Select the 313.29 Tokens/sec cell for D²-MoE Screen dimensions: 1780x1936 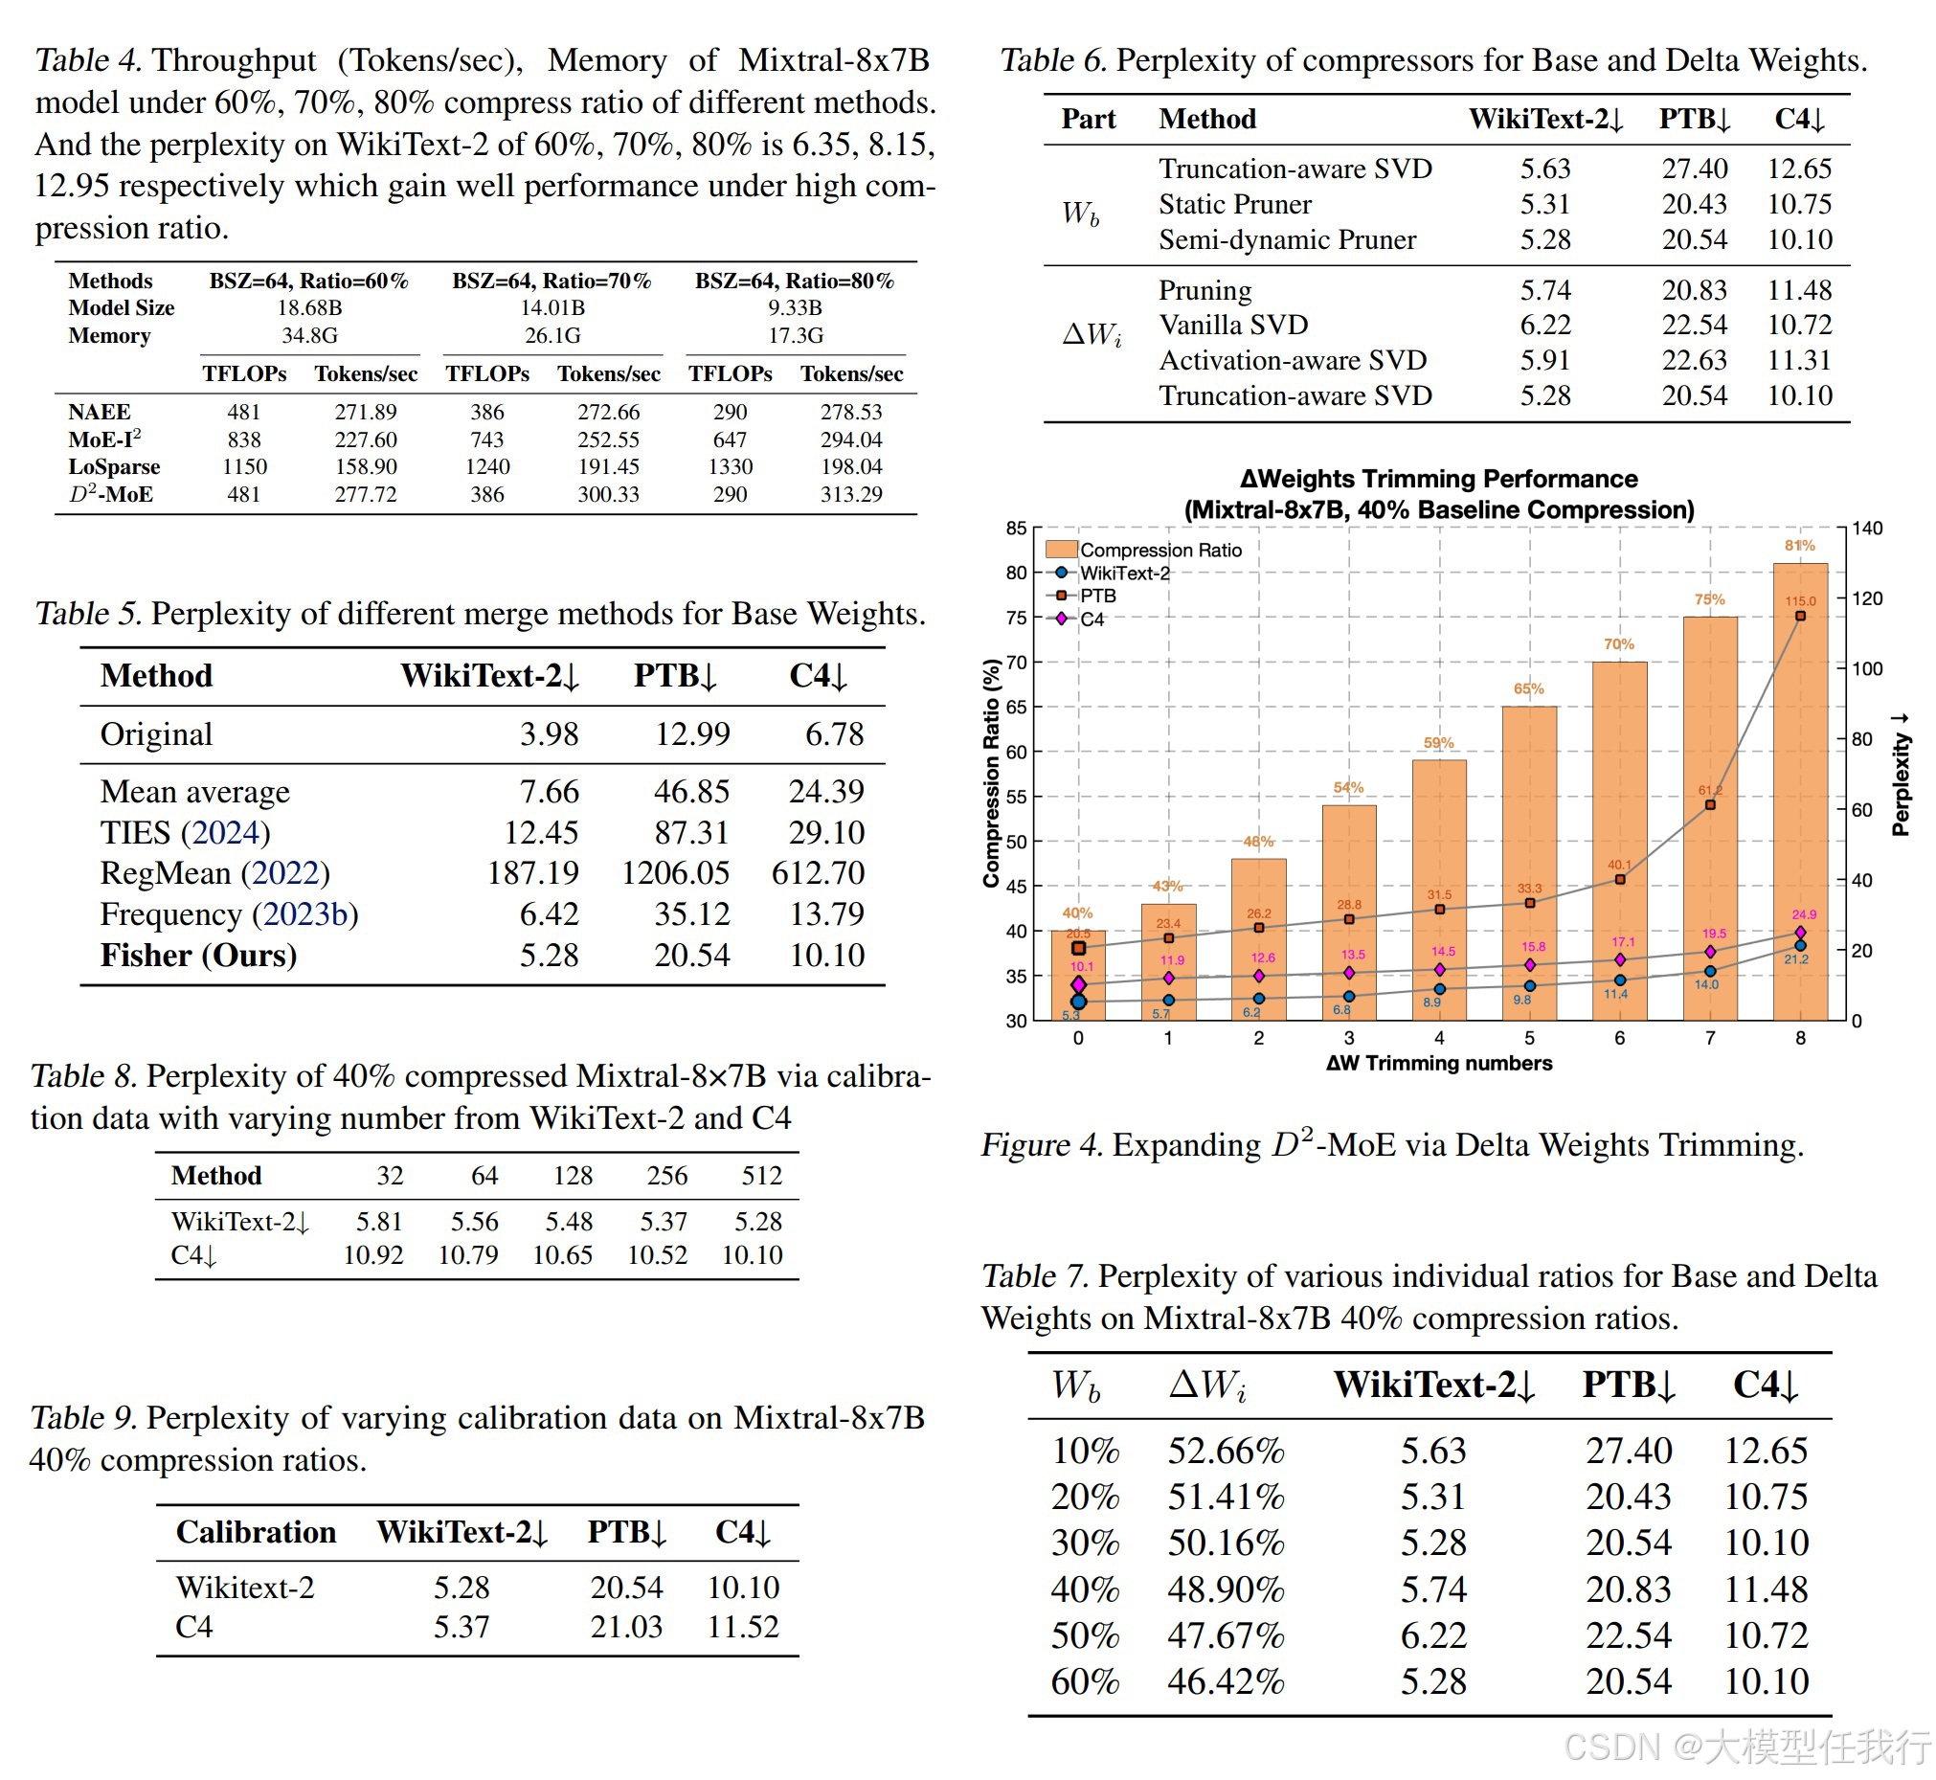pos(850,494)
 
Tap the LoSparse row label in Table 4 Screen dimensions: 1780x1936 pos(114,467)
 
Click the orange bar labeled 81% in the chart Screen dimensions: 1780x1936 pos(1799,790)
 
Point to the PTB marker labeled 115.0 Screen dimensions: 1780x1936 pos(1799,617)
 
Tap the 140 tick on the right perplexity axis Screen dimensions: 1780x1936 pos(1866,529)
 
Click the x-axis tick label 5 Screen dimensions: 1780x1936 pos(1528,1038)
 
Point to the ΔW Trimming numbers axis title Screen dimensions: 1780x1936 pos(1438,1064)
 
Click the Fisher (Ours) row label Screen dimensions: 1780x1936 pos(198,956)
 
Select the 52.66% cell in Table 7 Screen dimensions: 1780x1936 pos(1226,1451)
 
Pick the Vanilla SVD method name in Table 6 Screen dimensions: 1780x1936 pos(1233,326)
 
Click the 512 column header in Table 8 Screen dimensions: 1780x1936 pos(761,1176)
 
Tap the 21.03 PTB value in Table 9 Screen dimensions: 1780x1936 pos(626,1627)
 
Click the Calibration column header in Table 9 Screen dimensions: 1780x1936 pos(256,1532)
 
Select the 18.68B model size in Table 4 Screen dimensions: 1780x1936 pos(309,308)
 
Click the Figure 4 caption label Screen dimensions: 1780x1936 pos(1040,1145)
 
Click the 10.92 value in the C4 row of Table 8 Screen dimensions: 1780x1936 pos(372,1255)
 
